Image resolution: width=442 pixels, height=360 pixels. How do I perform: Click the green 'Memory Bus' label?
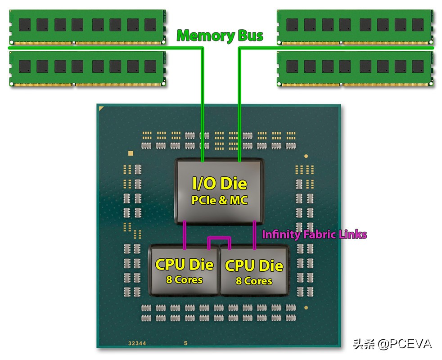[x=220, y=36]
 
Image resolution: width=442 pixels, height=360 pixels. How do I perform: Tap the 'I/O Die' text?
[x=220, y=183]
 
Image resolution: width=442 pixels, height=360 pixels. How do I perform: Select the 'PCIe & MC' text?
[x=220, y=200]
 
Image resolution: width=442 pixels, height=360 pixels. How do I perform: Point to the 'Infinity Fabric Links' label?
[x=314, y=234]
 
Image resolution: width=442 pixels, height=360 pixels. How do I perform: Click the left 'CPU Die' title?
[x=184, y=264]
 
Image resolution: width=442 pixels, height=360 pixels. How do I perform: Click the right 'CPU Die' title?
[x=254, y=265]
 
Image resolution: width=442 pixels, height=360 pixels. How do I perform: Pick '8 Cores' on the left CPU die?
[x=184, y=279]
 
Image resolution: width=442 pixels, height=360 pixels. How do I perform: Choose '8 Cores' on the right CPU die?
[x=254, y=281]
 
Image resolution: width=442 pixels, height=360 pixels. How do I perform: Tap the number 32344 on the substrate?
[x=137, y=343]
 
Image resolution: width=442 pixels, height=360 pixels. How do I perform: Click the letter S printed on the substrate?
[x=185, y=343]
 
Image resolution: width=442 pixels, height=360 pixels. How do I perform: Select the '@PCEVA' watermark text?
[x=405, y=344]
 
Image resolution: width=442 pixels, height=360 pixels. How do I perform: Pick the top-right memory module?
[x=356, y=27]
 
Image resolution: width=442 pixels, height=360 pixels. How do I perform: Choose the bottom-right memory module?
[x=356, y=68]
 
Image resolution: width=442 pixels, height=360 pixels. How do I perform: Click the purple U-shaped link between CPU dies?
[x=219, y=239]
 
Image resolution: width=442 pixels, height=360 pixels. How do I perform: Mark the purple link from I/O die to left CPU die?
[x=185, y=234]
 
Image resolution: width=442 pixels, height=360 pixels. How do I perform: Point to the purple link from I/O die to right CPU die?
[x=255, y=234]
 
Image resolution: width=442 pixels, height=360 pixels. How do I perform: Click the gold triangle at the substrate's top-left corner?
[x=102, y=108]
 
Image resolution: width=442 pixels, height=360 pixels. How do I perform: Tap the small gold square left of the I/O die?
[x=131, y=153]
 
